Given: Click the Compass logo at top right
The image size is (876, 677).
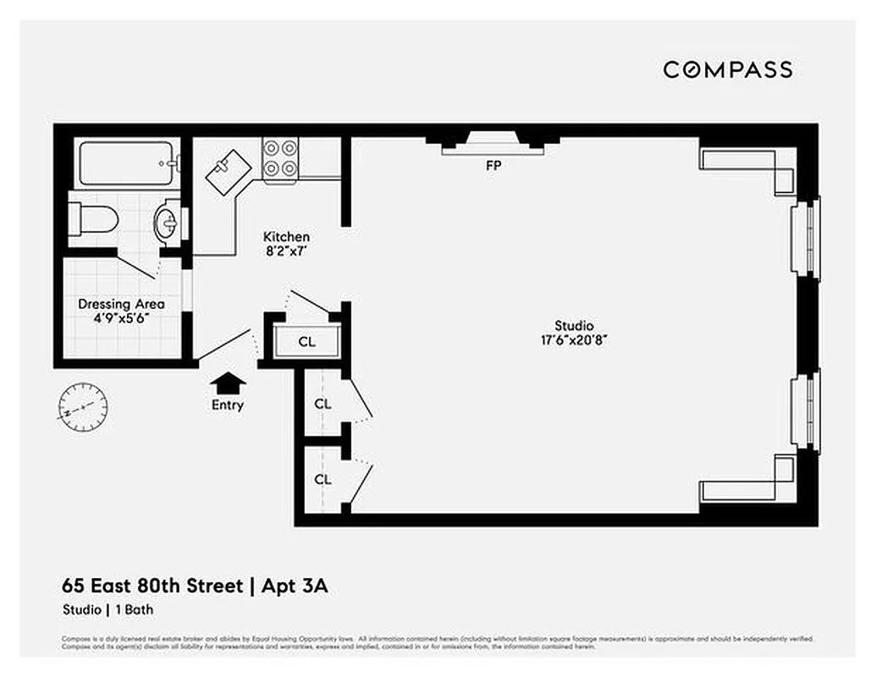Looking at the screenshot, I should (727, 69).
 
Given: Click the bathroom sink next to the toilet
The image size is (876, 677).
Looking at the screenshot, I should (166, 224).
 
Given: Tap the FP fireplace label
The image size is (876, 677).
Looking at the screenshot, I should (493, 167).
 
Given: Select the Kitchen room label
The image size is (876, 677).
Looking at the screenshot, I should (286, 237).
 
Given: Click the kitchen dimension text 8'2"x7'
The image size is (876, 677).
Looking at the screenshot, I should (286, 250).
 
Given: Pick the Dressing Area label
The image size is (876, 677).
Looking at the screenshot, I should (121, 304).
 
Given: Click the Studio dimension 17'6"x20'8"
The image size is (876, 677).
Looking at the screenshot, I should (574, 339).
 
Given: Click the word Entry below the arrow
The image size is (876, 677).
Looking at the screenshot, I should (227, 405).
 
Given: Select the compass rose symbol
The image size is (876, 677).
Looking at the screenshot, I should (84, 407).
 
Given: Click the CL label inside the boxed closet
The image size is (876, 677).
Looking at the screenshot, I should (306, 343).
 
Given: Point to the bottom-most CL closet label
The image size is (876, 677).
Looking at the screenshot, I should (322, 479).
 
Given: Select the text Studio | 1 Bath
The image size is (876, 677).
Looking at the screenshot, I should (107, 609).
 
